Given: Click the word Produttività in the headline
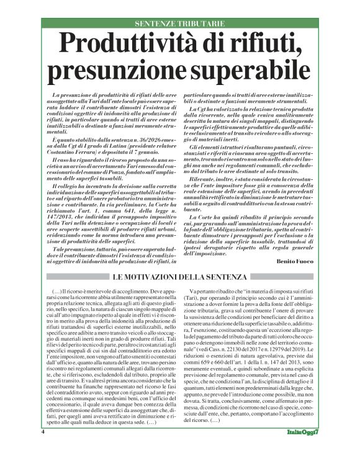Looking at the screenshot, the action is point(128,44).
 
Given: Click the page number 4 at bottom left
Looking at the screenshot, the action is point(43,448).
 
